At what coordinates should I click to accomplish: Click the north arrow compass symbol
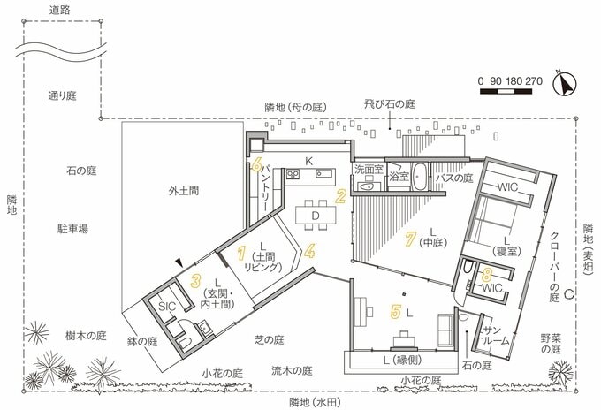click(565, 84)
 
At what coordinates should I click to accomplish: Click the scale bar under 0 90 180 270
click(506, 92)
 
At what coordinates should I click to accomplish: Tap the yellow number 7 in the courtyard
click(410, 239)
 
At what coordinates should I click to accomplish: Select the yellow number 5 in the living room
click(396, 312)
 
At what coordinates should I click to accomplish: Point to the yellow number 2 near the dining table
click(341, 196)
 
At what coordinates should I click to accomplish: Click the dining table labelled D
click(316, 216)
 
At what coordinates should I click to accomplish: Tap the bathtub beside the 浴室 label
click(420, 177)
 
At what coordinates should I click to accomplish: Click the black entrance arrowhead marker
click(179, 262)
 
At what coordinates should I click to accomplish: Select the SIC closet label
click(167, 306)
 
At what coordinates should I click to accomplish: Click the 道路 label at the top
click(60, 11)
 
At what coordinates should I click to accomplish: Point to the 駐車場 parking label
click(72, 229)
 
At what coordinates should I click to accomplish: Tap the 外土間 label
click(184, 191)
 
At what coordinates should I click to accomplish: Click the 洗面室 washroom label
click(369, 169)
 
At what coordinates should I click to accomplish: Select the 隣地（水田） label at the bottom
click(315, 403)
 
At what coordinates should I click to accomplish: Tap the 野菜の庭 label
click(551, 344)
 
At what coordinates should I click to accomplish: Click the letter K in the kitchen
click(309, 162)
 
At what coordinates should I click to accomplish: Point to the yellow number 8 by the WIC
click(486, 274)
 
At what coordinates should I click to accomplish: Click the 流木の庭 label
click(292, 370)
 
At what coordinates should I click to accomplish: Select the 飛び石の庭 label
click(390, 104)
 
